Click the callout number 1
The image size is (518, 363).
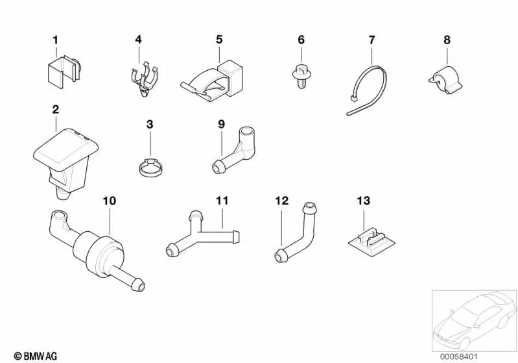(55, 40)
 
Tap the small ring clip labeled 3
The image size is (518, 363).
(150, 168)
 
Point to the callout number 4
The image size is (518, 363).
(138, 40)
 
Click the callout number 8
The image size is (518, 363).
(447, 40)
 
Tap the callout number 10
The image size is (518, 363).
(110, 201)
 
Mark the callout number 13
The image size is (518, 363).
(362, 201)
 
